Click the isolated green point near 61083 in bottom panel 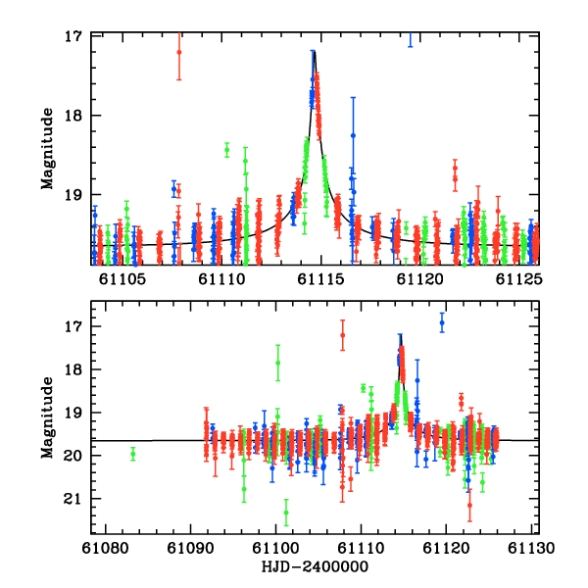click(x=132, y=453)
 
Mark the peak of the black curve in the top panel click(x=314, y=51)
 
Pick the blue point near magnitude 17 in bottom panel click(x=442, y=321)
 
